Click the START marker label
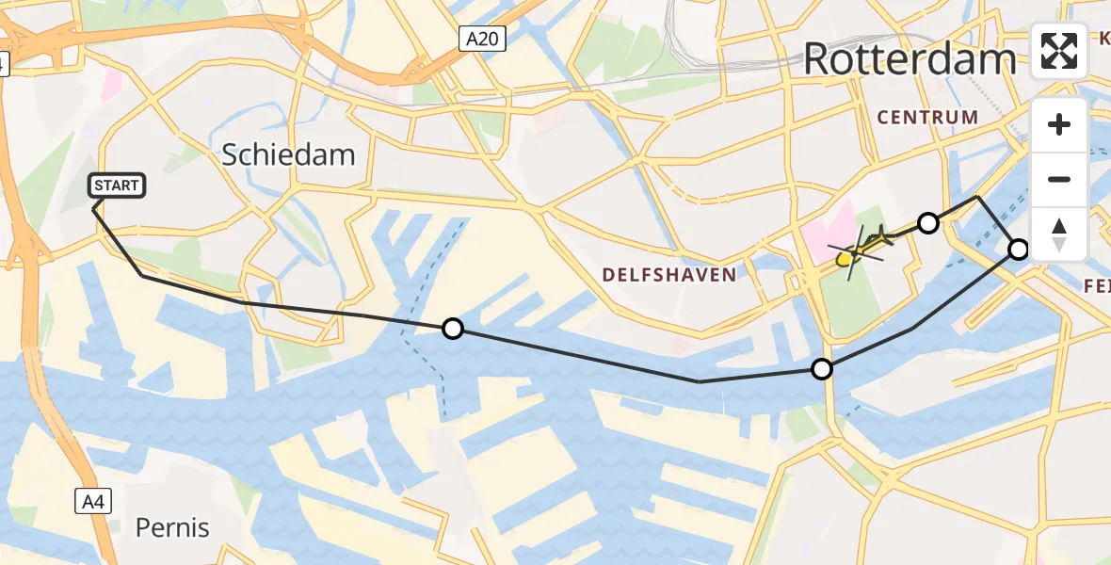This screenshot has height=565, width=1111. pyautogui.click(x=117, y=186)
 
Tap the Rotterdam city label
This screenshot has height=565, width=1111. pyautogui.click(x=910, y=59)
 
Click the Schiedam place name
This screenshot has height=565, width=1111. pyautogui.click(x=288, y=154)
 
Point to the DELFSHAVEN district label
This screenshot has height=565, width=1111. pyautogui.click(x=669, y=274)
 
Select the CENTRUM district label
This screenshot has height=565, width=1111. pyautogui.click(x=927, y=118)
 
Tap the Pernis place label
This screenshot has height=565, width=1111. pyautogui.click(x=172, y=527)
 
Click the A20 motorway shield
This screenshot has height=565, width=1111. pyautogui.click(x=483, y=39)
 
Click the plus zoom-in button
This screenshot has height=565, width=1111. pyautogui.click(x=1059, y=124)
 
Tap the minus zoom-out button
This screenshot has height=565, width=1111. pyautogui.click(x=1059, y=179)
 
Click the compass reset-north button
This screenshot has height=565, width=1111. pyautogui.click(x=1059, y=234)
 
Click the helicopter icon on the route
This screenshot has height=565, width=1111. pyautogui.click(x=859, y=248)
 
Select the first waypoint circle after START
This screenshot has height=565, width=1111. pyautogui.click(x=453, y=329)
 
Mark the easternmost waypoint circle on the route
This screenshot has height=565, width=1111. pyautogui.click(x=1019, y=250)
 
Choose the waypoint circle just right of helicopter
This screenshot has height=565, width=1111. pyautogui.click(x=928, y=223)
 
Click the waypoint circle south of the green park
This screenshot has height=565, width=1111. pyautogui.click(x=822, y=369)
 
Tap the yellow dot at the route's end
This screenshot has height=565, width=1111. pyautogui.click(x=844, y=259)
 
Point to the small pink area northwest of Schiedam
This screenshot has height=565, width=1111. pyautogui.click(x=111, y=88)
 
